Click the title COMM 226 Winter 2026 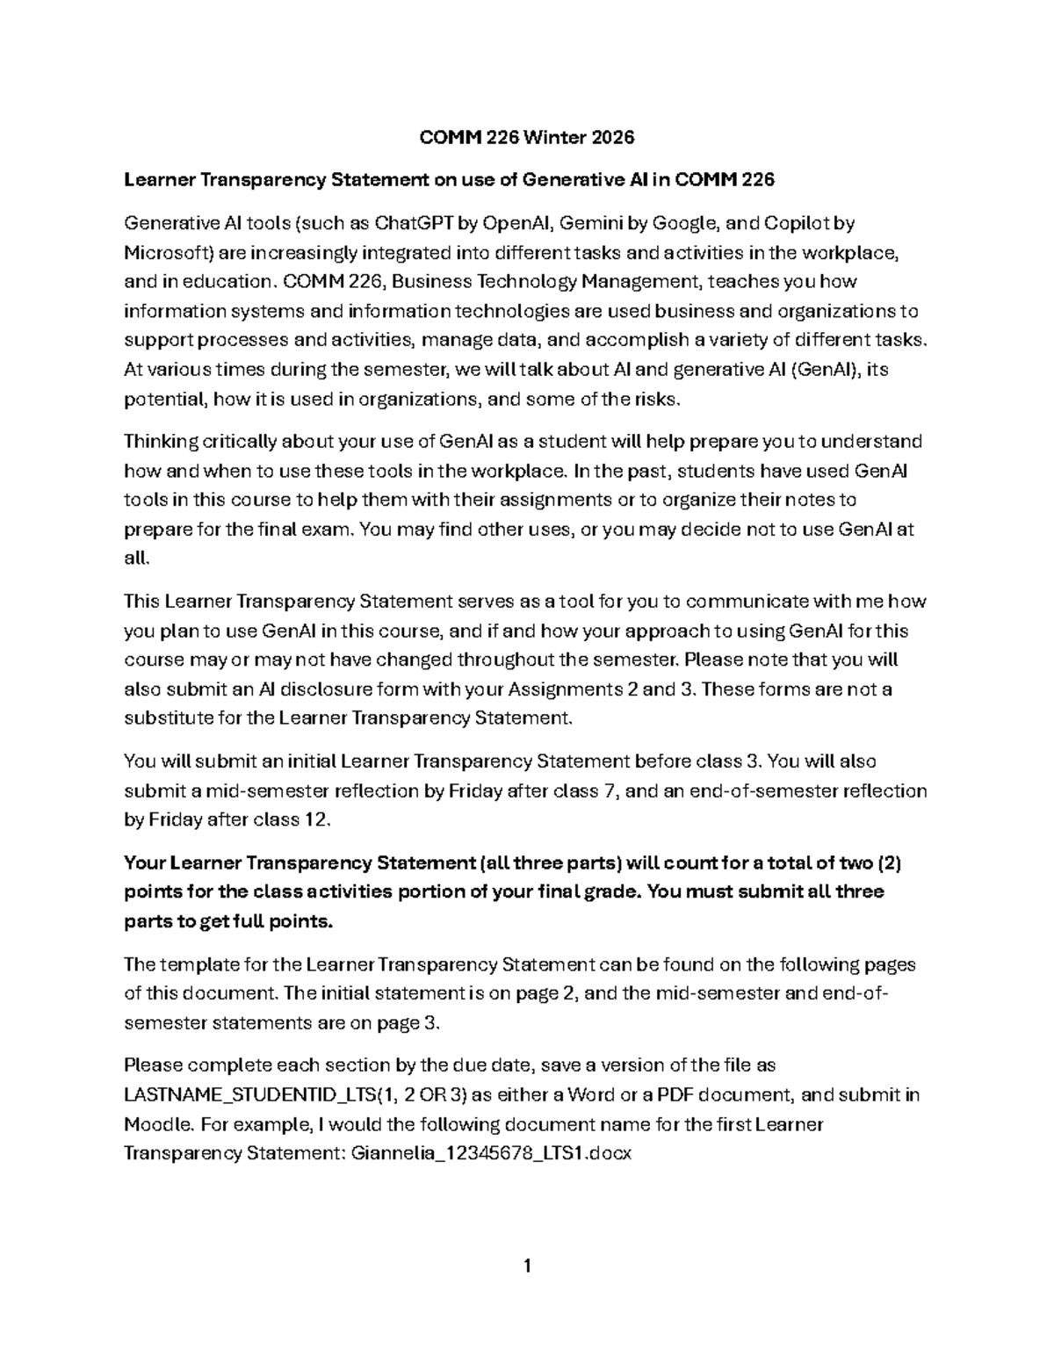(x=526, y=138)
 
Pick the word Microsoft (x=165, y=253)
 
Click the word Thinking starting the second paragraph (x=161, y=442)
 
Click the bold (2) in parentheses (x=889, y=862)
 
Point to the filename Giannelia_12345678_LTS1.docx (x=490, y=1153)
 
